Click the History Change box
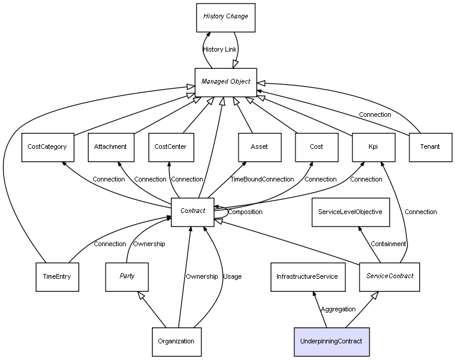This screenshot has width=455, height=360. point(225,17)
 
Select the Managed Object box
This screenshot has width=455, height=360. point(225,82)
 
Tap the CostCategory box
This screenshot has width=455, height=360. point(47,146)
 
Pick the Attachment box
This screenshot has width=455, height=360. point(111,146)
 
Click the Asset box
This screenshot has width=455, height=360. point(259,146)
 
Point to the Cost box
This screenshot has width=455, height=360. point(316,146)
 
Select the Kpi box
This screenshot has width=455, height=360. point(373,146)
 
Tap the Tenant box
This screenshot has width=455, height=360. point(429,146)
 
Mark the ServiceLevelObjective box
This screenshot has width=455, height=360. point(350,212)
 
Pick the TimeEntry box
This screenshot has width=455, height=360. point(57,276)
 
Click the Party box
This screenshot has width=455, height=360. point(127,276)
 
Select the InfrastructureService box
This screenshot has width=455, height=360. point(307,276)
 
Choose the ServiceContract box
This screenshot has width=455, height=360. point(389,276)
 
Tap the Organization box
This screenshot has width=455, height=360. point(176,342)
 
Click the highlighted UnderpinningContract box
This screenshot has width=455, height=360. point(332,342)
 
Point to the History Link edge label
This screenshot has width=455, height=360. point(219,50)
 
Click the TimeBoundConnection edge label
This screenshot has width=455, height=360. point(262,179)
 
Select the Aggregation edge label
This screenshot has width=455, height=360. point(338,309)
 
